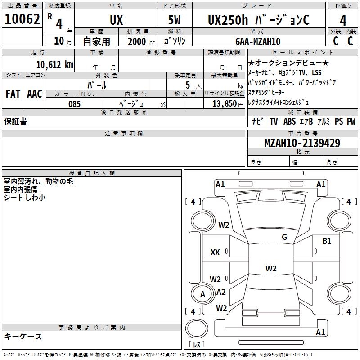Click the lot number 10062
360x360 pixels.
pos(22,19)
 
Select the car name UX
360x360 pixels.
pos(117,20)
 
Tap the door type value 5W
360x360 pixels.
pos(174,20)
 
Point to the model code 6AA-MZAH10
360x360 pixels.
pos(258,41)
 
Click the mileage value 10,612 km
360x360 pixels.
pos(55,65)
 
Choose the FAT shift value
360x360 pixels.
pos(13,94)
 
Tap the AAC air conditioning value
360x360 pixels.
pos(35,94)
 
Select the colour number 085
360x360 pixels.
pos(75,104)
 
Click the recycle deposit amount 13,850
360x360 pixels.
pos(225,104)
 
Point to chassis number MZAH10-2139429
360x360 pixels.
pos(302,143)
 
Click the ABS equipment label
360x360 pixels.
pos(289,121)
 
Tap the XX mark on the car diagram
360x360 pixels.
pos(215,252)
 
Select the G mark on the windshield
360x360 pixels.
pos(284,237)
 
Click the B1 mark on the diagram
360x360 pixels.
pos(327,241)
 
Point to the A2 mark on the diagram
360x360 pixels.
pos(221,292)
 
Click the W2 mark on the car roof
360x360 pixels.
pos(271,268)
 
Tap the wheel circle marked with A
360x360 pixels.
pos(202,294)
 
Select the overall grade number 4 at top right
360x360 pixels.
pos(343,20)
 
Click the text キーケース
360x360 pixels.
pos(23,337)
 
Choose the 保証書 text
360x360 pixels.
pos(15,121)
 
